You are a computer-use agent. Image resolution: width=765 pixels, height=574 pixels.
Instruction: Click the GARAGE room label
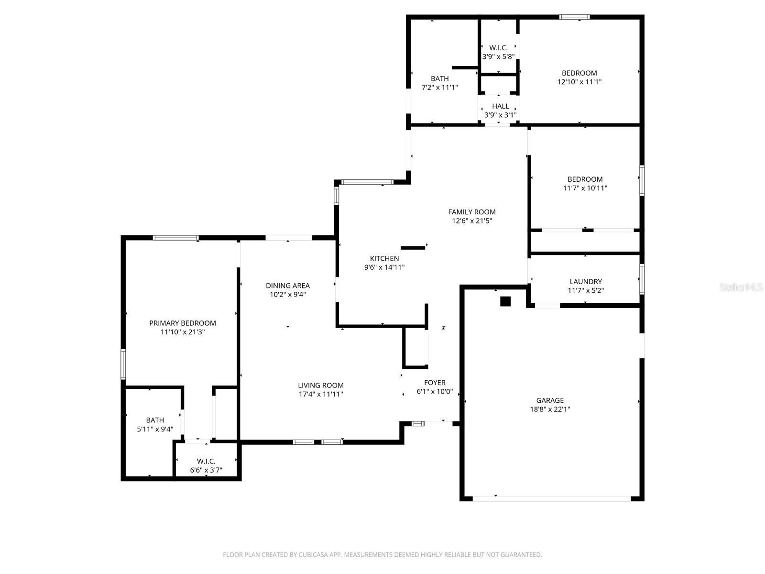[x=550, y=400]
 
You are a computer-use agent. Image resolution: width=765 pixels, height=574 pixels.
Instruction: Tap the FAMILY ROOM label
[x=471, y=212]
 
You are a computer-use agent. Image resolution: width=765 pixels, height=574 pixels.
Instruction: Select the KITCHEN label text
[x=384, y=259]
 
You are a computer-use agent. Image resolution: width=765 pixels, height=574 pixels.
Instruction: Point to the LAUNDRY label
[x=586, y=282]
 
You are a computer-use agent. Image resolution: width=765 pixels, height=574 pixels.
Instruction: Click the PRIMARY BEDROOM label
[x=182, y=323]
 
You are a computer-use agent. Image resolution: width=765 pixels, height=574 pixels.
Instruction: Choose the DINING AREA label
[x=287, y=286]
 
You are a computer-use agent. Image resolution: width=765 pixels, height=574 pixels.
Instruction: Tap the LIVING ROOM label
[x=321, y=386]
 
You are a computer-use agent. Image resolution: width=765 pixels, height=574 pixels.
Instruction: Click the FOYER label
[x=435, y=383]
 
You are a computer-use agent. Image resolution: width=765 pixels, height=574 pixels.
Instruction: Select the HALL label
[x=500, y=106]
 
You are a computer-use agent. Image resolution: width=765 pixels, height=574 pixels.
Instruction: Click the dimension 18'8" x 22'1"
[x=550, y=409]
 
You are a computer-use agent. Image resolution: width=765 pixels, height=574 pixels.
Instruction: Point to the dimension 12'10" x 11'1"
[x=579, y=82]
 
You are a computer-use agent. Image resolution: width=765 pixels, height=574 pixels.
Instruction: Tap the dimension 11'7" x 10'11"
[x=585, y=188]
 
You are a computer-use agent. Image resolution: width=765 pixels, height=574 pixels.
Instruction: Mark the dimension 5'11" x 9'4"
[x=155, y=429]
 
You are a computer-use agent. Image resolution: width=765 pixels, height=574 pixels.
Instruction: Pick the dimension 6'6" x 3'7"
[x=206, y=470]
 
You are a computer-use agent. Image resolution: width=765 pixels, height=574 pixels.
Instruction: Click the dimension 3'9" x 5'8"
[x=498, y=57]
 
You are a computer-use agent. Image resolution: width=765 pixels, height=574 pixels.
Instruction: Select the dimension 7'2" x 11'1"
[x=439, y=88]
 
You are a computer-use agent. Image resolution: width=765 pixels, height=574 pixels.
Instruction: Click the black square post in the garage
[x=505, y=301]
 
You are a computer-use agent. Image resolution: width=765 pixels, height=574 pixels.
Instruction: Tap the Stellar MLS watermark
[x=741, y=287]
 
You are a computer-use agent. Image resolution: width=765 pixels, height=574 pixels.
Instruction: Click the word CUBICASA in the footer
[x=311, y=554]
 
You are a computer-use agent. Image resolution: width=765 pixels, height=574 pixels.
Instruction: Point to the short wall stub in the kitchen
[x=413, y=248]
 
